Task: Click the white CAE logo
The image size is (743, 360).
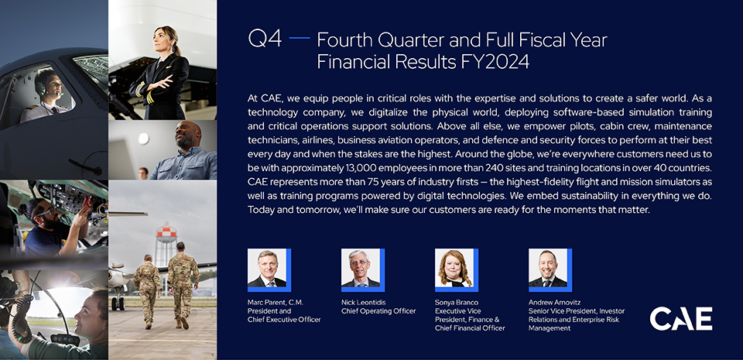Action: click(x=681, y=319)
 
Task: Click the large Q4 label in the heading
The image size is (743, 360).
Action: click(x=265, y=39)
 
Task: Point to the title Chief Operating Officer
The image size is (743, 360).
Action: click(x=378, y=311)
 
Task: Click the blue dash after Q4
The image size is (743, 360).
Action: click(x=300, y=37)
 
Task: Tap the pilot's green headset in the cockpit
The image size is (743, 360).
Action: click(x=41, y=87)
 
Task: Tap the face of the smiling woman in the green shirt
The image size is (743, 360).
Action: click(x=90, y=315)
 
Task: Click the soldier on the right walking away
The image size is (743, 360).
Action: click(x=183, y=285)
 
